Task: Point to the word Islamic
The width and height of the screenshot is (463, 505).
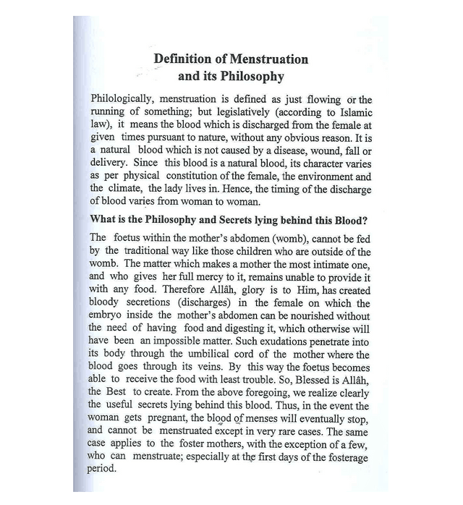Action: coord(354,112)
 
